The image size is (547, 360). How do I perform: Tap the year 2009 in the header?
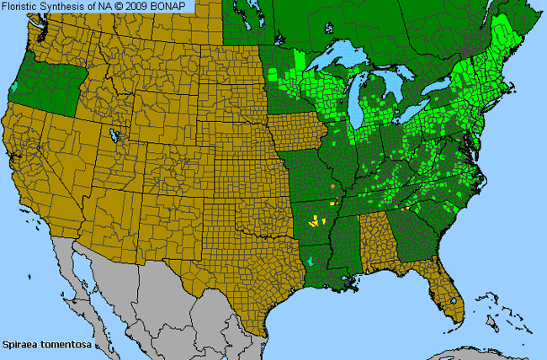click(x=139, y=7)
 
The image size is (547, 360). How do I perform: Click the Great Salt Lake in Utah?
click(x=112, y=135)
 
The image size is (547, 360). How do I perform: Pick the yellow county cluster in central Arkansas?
click(x=316, y=222)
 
